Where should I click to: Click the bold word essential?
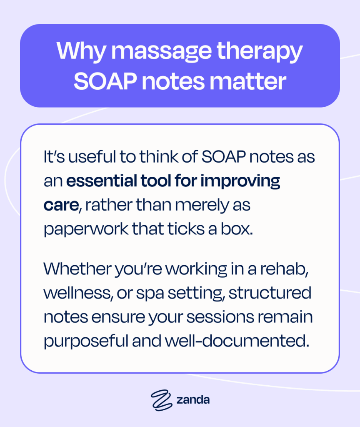104,182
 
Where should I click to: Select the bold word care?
61,206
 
